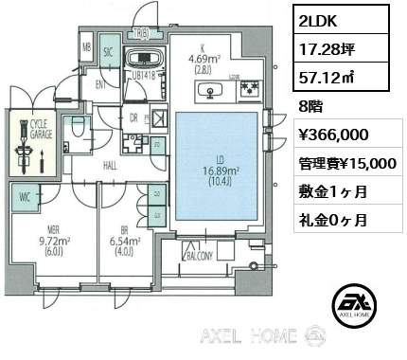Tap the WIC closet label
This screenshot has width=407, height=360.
(x=25, y=198)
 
